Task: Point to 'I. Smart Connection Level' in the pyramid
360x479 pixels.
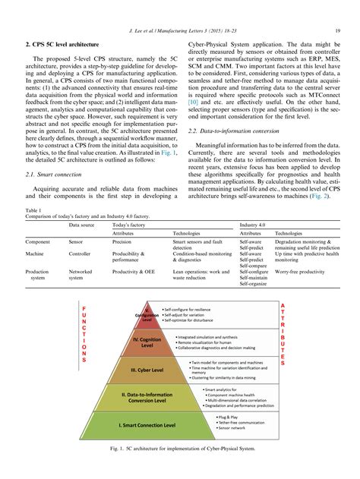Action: [154, 427]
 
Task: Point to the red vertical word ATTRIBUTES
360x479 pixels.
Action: [283, 334]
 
